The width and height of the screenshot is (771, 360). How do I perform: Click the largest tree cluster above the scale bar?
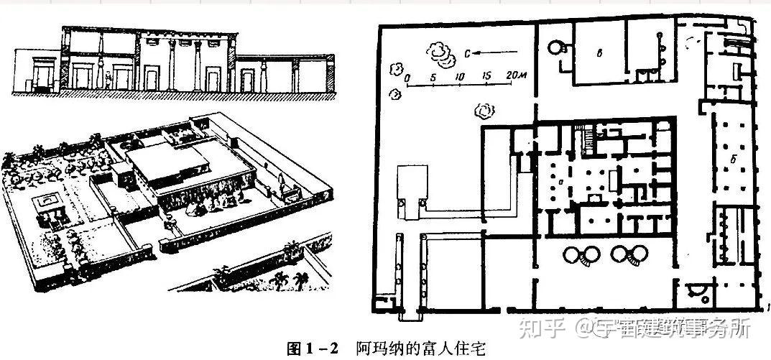click(438, 52)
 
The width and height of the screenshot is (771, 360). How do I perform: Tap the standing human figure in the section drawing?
click(108, 79)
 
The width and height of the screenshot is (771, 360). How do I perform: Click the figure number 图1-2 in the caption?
click(311, 350)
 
